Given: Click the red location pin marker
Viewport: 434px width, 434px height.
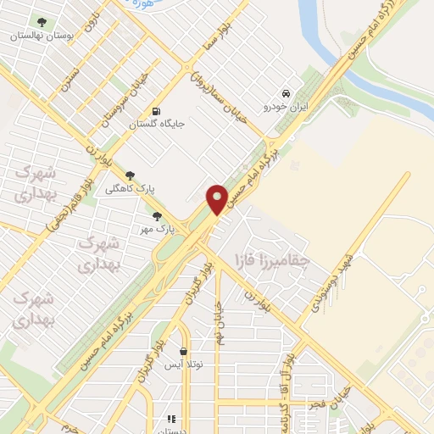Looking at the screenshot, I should [217, 198].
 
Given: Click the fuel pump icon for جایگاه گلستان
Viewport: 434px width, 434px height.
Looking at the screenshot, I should [155, 111].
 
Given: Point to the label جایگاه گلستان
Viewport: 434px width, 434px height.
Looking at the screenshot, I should [156, 125].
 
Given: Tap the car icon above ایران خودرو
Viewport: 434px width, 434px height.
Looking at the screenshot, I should [286, 92].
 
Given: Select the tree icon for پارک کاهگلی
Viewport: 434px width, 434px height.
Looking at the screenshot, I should [129, 175].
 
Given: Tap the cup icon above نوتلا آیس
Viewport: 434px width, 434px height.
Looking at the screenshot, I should [183, 352].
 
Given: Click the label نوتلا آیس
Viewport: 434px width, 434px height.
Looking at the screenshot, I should [183, 365].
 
